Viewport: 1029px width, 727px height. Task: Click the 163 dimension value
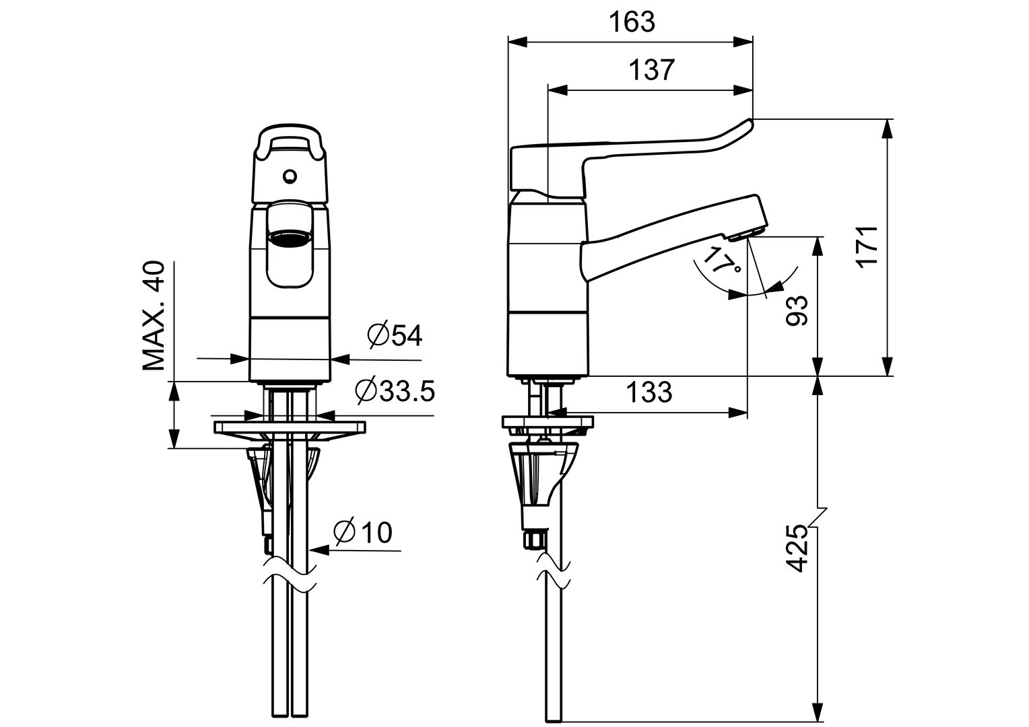pos(632,22)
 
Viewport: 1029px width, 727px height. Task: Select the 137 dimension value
pos(651,70)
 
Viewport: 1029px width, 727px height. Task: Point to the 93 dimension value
pos(797,310)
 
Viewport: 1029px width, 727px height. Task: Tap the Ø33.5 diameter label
pos(395,390)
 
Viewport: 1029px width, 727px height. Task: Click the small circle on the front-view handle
pos(290,176)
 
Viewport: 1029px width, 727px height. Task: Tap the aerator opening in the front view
pos(290,237)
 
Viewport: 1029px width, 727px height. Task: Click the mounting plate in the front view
pos(290,427)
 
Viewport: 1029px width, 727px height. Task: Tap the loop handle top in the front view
pos(290,130)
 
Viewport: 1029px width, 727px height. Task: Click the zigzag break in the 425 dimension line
pos(819,517)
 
